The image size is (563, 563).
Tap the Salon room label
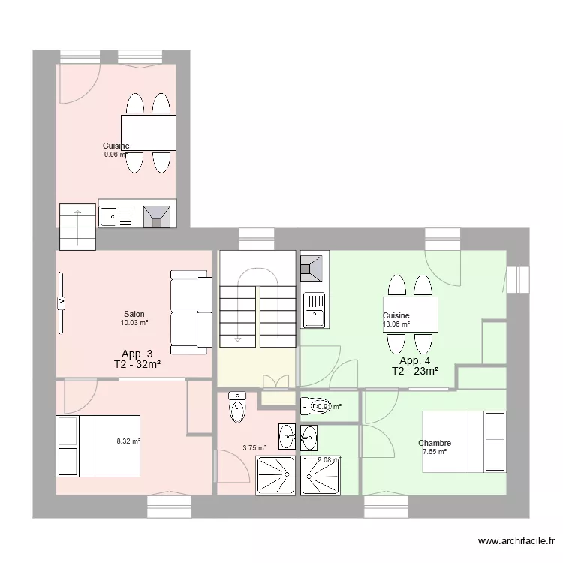pyautogui.click(x=134, y=315)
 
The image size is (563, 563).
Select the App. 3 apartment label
pyautogui.click(x=137, y=354)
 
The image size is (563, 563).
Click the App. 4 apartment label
pyautogui.click(x=414, y=360)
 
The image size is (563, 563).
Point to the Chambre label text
pyautogui.click(x=435, y=443)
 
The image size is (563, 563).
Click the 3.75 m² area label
pyautogui.click(x=254, y=448)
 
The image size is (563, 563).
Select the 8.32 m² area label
pyautogui.click(x=128, y=441)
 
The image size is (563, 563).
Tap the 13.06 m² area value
pyautogui.click(x=396, y=324)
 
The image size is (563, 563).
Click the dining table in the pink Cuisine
pyautogui.click(x=148, y=133)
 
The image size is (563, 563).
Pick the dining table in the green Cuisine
pyautogui.click(x=411, y=315)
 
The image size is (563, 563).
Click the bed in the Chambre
pyautogui.click(x=463, y=441)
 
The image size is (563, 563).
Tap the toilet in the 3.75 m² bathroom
pyautogui.click(x=237, y=406)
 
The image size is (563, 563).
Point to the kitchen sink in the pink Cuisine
pyautogui.click(x=116, y=216)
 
